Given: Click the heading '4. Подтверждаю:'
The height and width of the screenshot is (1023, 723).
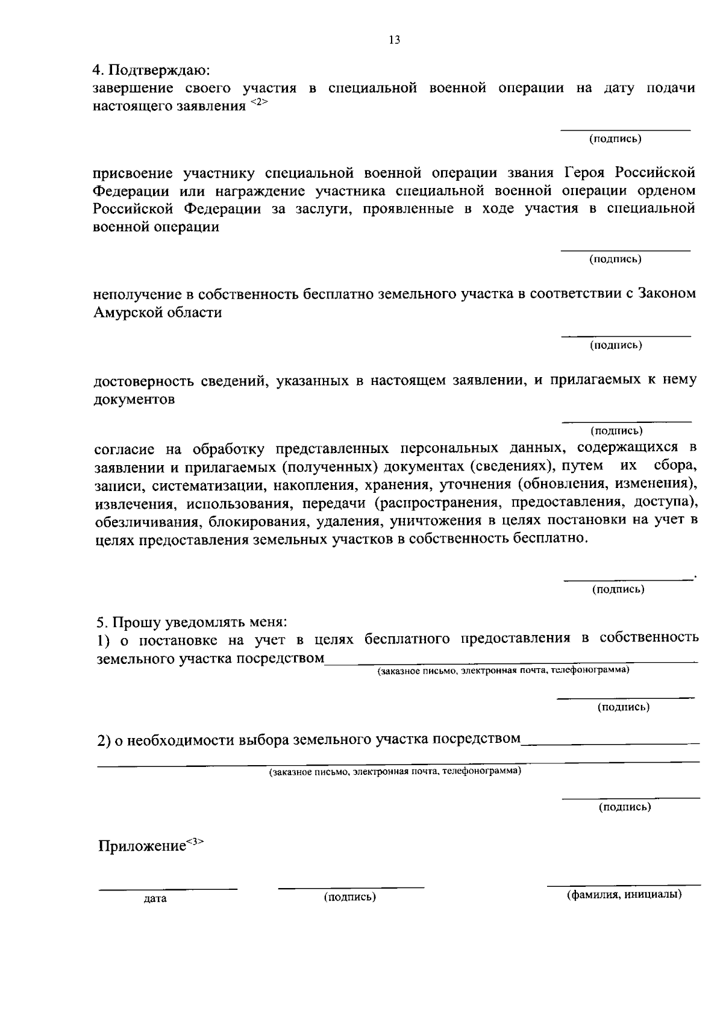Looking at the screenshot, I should tap(151, 70).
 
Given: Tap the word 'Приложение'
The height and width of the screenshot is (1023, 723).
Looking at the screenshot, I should tap(142, 846).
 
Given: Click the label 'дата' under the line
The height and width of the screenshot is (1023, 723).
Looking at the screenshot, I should tap(155, 899).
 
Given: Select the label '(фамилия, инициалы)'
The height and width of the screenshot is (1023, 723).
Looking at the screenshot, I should tap(624, 895).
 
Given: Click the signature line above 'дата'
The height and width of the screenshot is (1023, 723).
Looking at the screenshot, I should tap(168, 889).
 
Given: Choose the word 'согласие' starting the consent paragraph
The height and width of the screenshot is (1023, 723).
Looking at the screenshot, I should tap(125, 449).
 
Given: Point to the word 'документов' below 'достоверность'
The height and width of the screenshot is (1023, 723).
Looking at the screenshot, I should tap(134, 399).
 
